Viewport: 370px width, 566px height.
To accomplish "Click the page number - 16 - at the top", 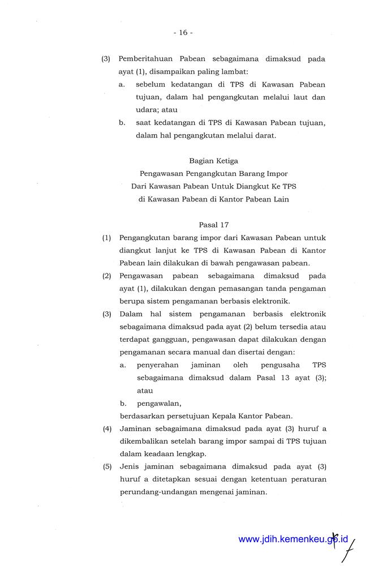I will click(183, 33).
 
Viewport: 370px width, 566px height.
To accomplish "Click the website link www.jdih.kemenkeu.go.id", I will click(292, 539).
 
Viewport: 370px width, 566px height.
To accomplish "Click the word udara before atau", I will click(147, 110).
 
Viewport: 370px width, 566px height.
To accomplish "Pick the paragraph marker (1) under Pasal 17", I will click(106, 238).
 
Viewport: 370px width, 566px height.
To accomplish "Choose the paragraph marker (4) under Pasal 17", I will click(107, 429).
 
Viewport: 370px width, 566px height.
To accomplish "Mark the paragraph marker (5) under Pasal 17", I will click(107, 467).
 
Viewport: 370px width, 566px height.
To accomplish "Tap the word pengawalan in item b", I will click(158, 404).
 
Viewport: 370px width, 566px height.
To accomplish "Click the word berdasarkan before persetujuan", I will click(143, 416).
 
